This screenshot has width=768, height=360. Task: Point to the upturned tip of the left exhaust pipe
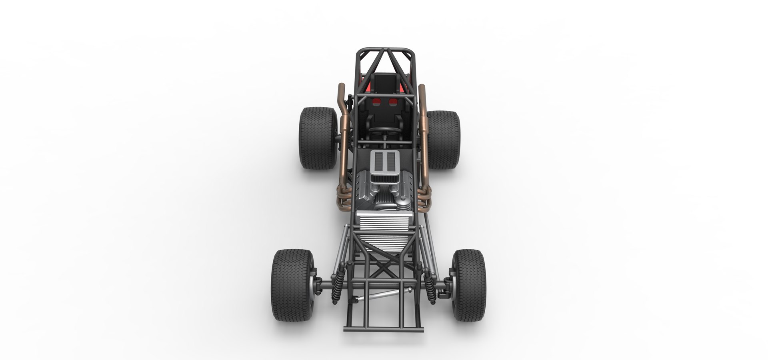341,89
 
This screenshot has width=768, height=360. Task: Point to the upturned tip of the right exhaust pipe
422,89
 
